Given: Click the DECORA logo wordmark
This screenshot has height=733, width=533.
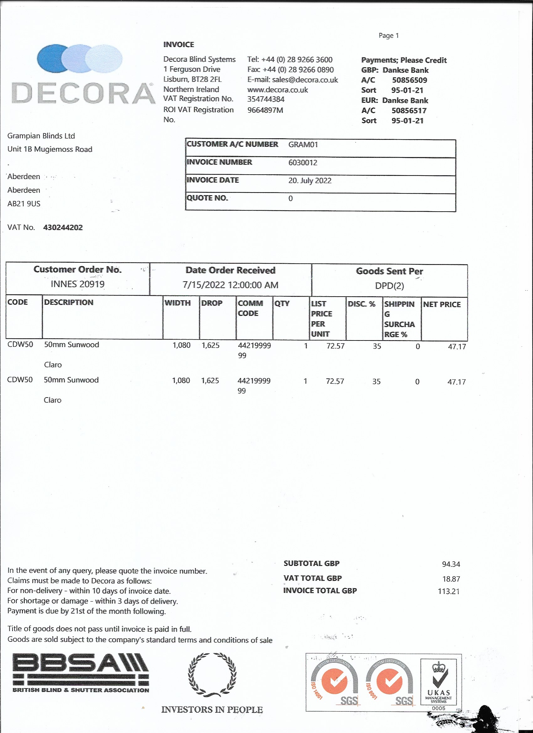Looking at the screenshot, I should point(83,93).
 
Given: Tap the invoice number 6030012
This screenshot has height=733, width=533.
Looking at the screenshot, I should point(303,163).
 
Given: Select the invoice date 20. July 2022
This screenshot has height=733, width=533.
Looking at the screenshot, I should point(310,180).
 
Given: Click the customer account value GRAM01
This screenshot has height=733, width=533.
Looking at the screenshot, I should point(303,145).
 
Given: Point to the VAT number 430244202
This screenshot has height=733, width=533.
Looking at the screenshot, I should point(63,228).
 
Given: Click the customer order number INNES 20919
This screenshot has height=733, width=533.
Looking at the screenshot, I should point(77,284).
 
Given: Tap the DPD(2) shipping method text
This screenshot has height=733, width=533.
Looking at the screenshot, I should point(389,286).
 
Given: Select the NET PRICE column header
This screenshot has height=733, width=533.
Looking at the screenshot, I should point(441,304).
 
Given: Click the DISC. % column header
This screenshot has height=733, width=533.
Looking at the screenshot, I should point(361,304).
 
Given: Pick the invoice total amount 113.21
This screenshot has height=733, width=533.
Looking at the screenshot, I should point(448,591).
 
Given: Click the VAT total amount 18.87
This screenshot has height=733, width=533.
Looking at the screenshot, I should point(451,579).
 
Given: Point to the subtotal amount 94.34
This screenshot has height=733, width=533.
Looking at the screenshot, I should point(451,564).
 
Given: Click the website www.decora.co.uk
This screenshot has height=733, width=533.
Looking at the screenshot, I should point(277,90).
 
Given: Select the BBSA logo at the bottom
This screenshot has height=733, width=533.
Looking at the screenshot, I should point(81,673).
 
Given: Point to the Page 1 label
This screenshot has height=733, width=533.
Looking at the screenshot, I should point(388,35).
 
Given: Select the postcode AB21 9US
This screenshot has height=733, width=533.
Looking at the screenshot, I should point(24,204).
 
